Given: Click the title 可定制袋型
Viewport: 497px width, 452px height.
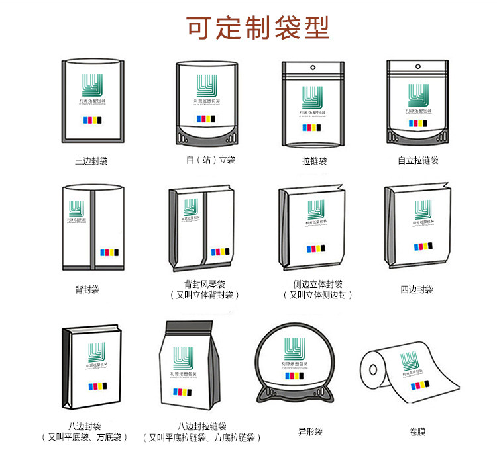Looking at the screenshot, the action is pyautogui.click(x=258, y=28).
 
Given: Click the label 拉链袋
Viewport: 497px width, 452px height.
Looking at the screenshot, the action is pyautogui.click(x=314, y=161).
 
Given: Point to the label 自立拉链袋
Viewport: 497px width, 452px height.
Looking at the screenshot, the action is pyautogui.click(x=417, y=161).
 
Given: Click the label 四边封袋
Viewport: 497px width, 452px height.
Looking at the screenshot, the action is pyautogui.click(x=417, y=289).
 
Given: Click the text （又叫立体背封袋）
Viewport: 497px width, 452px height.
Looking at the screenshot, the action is pyautogui.click(x=205, y=295).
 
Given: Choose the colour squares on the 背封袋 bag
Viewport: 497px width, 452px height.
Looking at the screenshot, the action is pyautogui.click(x=110, y=253).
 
